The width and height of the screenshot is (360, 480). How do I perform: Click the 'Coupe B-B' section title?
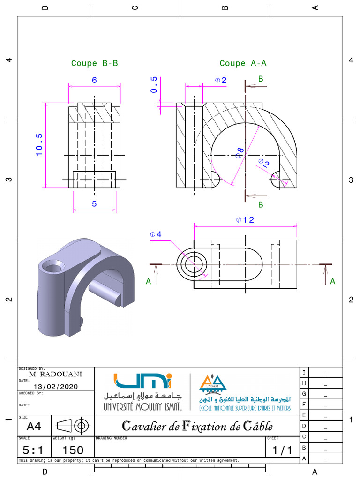[95, 63]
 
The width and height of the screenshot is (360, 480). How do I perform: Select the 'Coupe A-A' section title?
[243, 63]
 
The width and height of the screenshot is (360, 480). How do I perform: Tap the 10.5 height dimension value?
[39, 144]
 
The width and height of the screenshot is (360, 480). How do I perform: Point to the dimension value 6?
[94, 80]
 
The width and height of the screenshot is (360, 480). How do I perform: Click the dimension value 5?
[94, 204]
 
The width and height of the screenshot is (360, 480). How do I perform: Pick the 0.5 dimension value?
[154, 85]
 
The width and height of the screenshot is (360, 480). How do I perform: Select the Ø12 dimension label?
[245, 220]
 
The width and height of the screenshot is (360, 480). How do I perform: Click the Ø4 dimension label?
[156, 234]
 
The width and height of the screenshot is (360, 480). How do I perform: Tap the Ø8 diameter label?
[240, 152]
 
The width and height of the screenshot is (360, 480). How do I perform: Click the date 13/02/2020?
[56, 387]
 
